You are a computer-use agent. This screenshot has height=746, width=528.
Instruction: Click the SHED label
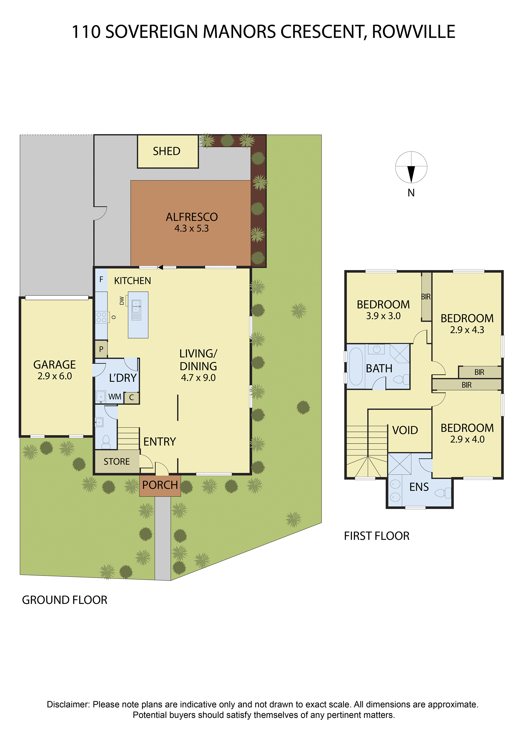pyautogui.click(x=167, y=151)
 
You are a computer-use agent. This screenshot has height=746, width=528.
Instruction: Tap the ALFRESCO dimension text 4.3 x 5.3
pyautogui.click(x=192, y=229)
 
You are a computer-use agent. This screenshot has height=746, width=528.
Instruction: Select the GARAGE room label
pyautogui.click(x=55, y=365)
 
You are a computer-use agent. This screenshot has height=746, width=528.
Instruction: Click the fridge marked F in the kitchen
pyautogui.click(x=101, y=280)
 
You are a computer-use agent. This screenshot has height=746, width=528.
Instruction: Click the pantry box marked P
pyautogui.click(x=101, y=349)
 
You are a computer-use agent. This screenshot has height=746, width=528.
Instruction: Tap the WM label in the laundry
pyautogui.click(x=115, y=397)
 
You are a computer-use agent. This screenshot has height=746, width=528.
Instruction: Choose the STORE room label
pyautogui.click(x=117, y=462)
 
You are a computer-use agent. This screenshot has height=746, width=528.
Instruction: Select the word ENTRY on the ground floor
pyautogui.click(x=160, y=442)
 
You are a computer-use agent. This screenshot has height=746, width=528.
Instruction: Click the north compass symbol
pyautogui.click(x=411, y=167)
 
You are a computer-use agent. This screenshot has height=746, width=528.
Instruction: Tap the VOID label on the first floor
pyautogui.click(x=405, y=430)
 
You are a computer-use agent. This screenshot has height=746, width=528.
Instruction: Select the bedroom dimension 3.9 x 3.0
pyautogui.click(x=383, y=316)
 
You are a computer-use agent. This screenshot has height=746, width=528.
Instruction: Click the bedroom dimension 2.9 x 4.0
pyautogui.click(x=467, y=439)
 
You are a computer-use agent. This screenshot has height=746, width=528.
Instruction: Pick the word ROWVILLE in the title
pyautogui.click(x=413, y=32)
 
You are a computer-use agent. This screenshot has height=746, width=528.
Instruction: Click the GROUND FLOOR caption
pyautogui.click(x=64, y=600)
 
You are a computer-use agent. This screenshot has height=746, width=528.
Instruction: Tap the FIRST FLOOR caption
pyautogui.click(x=377, y=536)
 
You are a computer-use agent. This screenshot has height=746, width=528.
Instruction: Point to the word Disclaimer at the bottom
pyautogui.click(x=68, y=704)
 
